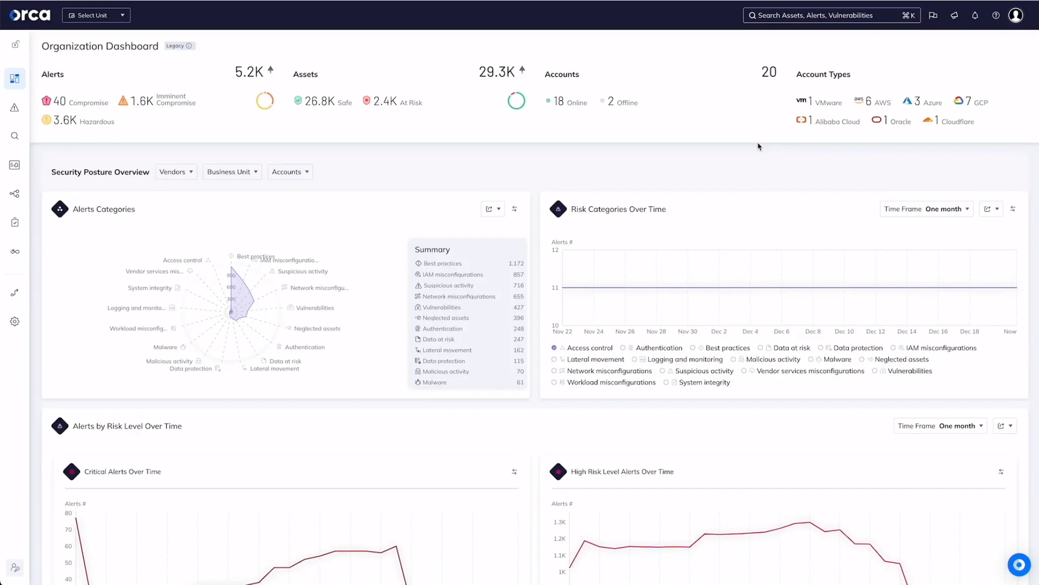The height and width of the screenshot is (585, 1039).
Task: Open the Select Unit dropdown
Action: pos(96,15)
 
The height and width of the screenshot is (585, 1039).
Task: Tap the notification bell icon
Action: pos(975,15)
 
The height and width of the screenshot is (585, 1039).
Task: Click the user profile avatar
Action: pos(1015,15)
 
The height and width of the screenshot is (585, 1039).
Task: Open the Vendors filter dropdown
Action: pos(176,172)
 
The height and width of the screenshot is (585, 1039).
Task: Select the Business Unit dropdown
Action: pos(232,172)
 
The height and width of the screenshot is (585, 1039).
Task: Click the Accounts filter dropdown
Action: pos(290,172)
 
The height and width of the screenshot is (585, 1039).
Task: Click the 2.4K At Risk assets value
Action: pos(392,101)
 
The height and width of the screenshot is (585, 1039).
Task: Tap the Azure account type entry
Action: pos(923,102)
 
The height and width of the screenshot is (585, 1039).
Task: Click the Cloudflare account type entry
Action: pos(948,121)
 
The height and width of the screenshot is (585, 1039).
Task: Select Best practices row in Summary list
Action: pos(442,263)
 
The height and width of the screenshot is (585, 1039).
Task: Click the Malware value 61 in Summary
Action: pos(520,382)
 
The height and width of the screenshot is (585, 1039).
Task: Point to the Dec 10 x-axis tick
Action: pos(844,331)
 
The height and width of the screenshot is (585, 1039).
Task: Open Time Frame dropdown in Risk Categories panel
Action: pos(926,209)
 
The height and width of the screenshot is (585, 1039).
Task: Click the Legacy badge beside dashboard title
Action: pos(179,46)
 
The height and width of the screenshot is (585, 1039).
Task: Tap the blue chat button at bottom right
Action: pos(1019,565)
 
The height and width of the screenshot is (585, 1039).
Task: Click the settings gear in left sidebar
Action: pos(15,322)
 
